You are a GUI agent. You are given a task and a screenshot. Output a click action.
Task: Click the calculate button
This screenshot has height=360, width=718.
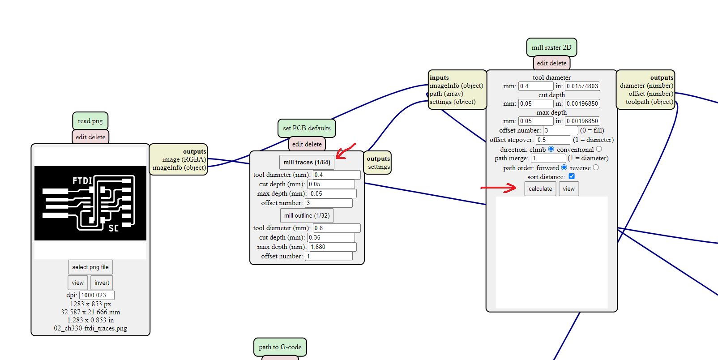pos(540,189)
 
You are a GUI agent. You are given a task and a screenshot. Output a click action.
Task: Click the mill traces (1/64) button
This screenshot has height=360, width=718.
pos(307,162)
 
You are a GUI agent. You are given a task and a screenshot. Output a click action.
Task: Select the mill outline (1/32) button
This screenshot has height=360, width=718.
pos(307,215)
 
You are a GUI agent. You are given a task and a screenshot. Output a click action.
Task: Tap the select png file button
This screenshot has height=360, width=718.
pos(90,267)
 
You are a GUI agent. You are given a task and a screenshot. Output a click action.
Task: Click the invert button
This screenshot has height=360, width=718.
pos(102,283)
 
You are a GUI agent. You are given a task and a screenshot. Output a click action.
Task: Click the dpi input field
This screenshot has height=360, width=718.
pos(97,295)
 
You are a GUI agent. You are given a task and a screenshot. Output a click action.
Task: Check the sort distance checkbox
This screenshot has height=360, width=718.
pos(572,176)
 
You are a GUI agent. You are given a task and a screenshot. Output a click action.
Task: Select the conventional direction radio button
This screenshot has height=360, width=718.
pos(599,149)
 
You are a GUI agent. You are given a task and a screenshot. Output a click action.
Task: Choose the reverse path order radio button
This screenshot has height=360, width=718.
pos(595,167)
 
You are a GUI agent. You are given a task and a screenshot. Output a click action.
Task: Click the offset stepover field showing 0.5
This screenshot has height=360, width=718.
pos(553,140)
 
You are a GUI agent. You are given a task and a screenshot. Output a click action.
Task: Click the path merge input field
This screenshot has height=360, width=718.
pos(548,159)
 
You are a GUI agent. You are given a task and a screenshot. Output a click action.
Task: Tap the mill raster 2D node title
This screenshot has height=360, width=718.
pos(551,47)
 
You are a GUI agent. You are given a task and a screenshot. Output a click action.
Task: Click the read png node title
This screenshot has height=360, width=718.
pos(90,121)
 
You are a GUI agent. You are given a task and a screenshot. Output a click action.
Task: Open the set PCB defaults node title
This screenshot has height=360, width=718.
pos(307,128)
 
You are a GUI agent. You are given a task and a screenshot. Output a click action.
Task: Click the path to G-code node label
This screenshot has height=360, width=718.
pos(280,347)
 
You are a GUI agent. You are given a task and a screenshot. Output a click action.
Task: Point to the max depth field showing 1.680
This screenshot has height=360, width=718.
pos(333,247)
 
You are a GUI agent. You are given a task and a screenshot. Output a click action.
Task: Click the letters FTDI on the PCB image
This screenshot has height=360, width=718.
pos(82,181)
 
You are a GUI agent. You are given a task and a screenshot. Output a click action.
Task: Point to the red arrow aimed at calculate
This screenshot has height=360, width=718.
pos(498,188)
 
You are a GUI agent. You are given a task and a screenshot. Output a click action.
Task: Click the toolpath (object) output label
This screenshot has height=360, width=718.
pos(649,102)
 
